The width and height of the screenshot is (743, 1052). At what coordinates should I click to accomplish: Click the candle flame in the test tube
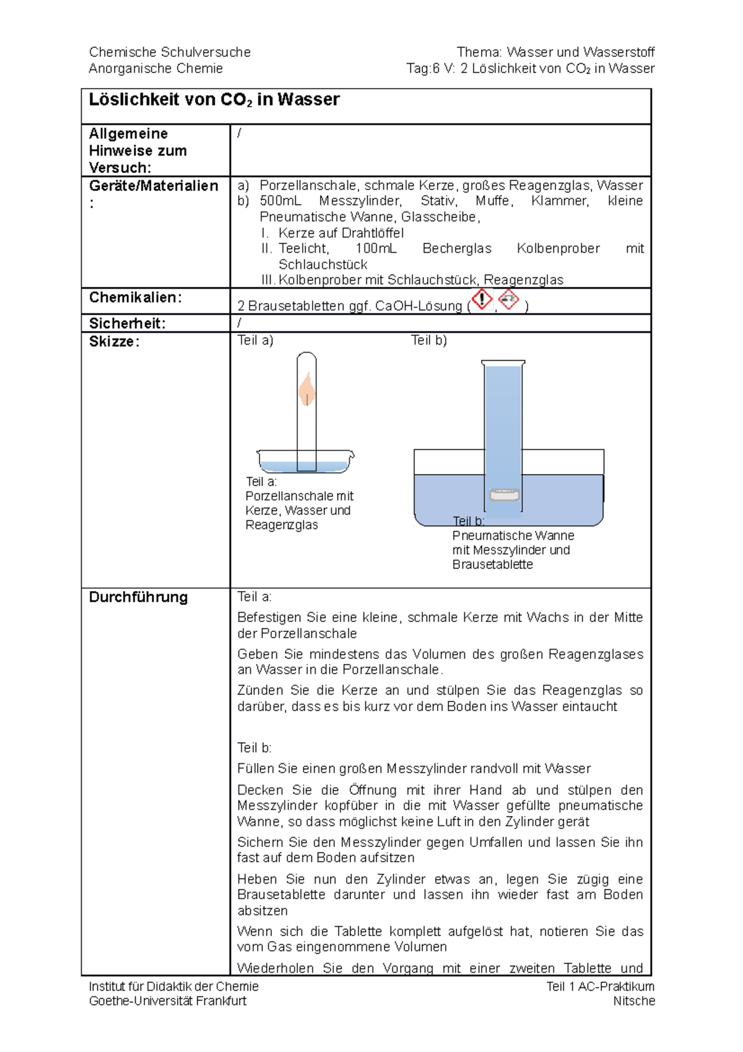(306, 390)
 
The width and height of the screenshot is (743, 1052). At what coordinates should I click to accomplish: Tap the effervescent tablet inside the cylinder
(504, 495)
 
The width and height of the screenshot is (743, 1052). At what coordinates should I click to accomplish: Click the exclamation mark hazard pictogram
(482, 299)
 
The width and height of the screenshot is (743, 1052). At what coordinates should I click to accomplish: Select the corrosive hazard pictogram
(508, 300)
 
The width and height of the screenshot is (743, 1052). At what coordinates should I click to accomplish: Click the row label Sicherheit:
(127, 323)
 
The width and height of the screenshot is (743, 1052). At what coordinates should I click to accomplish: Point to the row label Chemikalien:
(135, 297)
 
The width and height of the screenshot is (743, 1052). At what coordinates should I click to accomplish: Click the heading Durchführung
(138, 597)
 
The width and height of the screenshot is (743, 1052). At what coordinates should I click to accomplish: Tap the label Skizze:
(114, 341)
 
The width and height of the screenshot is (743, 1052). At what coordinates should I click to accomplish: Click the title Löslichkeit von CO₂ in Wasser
(214, 100)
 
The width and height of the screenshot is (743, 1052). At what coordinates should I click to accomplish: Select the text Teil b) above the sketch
(429, 340)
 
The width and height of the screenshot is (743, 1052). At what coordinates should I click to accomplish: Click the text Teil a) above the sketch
(255, 340)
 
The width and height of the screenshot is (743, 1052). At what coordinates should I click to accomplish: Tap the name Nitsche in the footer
(633, 1001)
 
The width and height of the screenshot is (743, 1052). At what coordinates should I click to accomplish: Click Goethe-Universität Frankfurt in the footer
(167, 1001)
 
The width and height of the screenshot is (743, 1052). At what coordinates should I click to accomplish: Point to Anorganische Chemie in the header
(155, 69)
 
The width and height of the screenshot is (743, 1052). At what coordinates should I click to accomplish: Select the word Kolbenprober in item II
(558, 248)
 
